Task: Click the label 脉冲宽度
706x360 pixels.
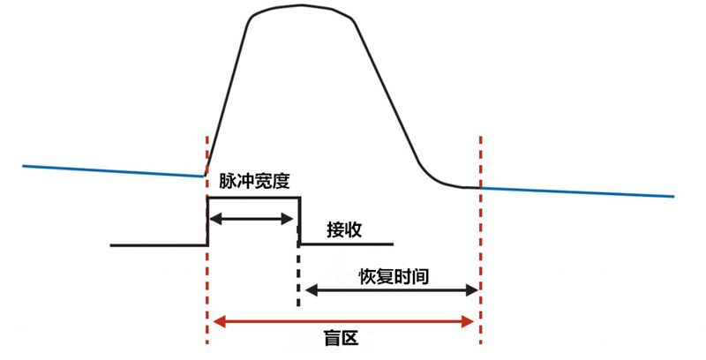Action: [254, 181]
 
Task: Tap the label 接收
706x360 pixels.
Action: [344, 230]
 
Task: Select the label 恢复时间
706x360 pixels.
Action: [394, 276]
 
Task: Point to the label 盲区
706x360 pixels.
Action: [342, 338]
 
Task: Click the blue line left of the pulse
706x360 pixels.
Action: [113, 171]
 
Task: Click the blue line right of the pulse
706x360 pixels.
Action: [577, 192]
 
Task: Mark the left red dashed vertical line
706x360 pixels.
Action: [207, 240]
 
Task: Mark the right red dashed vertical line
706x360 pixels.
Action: [481, 240]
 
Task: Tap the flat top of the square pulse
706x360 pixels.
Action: [253, 198]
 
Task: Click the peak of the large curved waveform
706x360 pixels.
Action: [301, 5]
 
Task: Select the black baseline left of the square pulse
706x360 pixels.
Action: [159, 245]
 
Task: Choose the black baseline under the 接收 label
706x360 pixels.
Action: [347, 244]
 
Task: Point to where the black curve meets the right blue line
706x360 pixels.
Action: [480, 187]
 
